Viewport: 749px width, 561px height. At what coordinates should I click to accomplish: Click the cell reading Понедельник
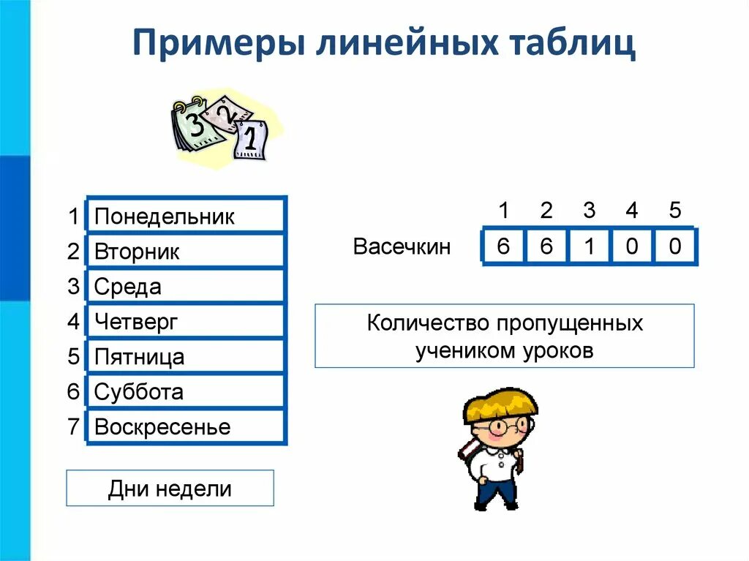(185, 217)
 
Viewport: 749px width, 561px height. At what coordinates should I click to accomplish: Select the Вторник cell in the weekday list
(185, 252)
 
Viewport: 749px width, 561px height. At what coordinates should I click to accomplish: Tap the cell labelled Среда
(185, 287)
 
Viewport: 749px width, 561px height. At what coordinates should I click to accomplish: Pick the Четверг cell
(185, 322)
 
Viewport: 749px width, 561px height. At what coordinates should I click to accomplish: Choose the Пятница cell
(185, 357)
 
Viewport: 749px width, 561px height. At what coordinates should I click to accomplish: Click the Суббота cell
(185, 392)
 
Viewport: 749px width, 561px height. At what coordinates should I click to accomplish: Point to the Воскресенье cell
(185, 427)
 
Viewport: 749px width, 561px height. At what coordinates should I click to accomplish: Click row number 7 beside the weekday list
(73, 427)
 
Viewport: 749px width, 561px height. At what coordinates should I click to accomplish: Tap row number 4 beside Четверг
(73, 322)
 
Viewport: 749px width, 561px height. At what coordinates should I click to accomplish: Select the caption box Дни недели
(170, 489)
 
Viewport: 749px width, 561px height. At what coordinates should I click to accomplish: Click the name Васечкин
(402, 246)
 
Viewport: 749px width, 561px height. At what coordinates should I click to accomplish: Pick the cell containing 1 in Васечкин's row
(589, 246)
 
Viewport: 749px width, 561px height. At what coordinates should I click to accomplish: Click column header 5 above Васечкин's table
(674, 211)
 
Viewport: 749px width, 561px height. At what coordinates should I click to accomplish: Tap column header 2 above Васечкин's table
(546, 211)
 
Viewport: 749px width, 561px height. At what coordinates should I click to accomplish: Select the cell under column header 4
(632, 246)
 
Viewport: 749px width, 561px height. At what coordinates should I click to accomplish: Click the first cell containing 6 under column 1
(503, 246)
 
